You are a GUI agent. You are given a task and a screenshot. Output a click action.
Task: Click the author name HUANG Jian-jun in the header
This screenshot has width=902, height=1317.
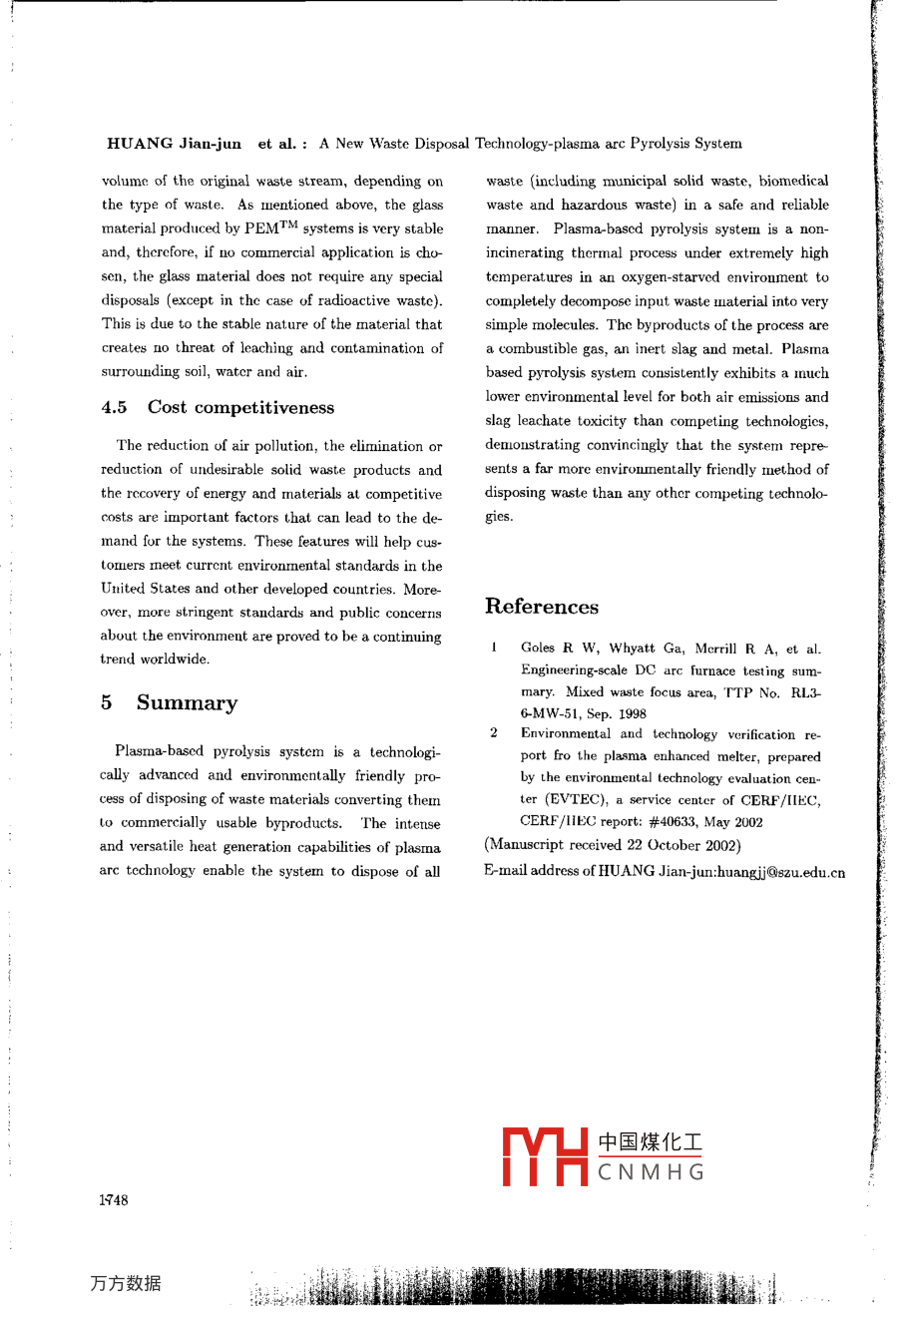tap(174, 144)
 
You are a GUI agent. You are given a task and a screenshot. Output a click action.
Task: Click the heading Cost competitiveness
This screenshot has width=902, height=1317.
tap(240, 407)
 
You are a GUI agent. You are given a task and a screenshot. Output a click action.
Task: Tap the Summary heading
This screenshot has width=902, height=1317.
tap(187, 703)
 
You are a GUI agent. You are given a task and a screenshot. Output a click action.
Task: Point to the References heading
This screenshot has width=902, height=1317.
tap(542, 607)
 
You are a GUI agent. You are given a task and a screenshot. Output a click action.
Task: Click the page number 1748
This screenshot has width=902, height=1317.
tap(114, 1200)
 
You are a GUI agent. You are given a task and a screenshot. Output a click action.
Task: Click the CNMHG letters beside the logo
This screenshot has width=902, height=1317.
tap(651, 1172)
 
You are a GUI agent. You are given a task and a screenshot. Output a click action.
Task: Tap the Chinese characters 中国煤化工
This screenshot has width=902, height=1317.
tap(651, 1142)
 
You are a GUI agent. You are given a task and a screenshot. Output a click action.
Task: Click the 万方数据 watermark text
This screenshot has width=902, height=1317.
tap(125, 1284)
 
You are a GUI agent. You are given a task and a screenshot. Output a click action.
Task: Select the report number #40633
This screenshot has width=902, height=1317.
tap(676, 822)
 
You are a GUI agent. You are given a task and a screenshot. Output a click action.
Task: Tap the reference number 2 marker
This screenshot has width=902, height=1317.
tap(494, 733)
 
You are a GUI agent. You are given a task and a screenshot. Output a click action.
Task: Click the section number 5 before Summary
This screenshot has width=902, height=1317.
tap(106, 703)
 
